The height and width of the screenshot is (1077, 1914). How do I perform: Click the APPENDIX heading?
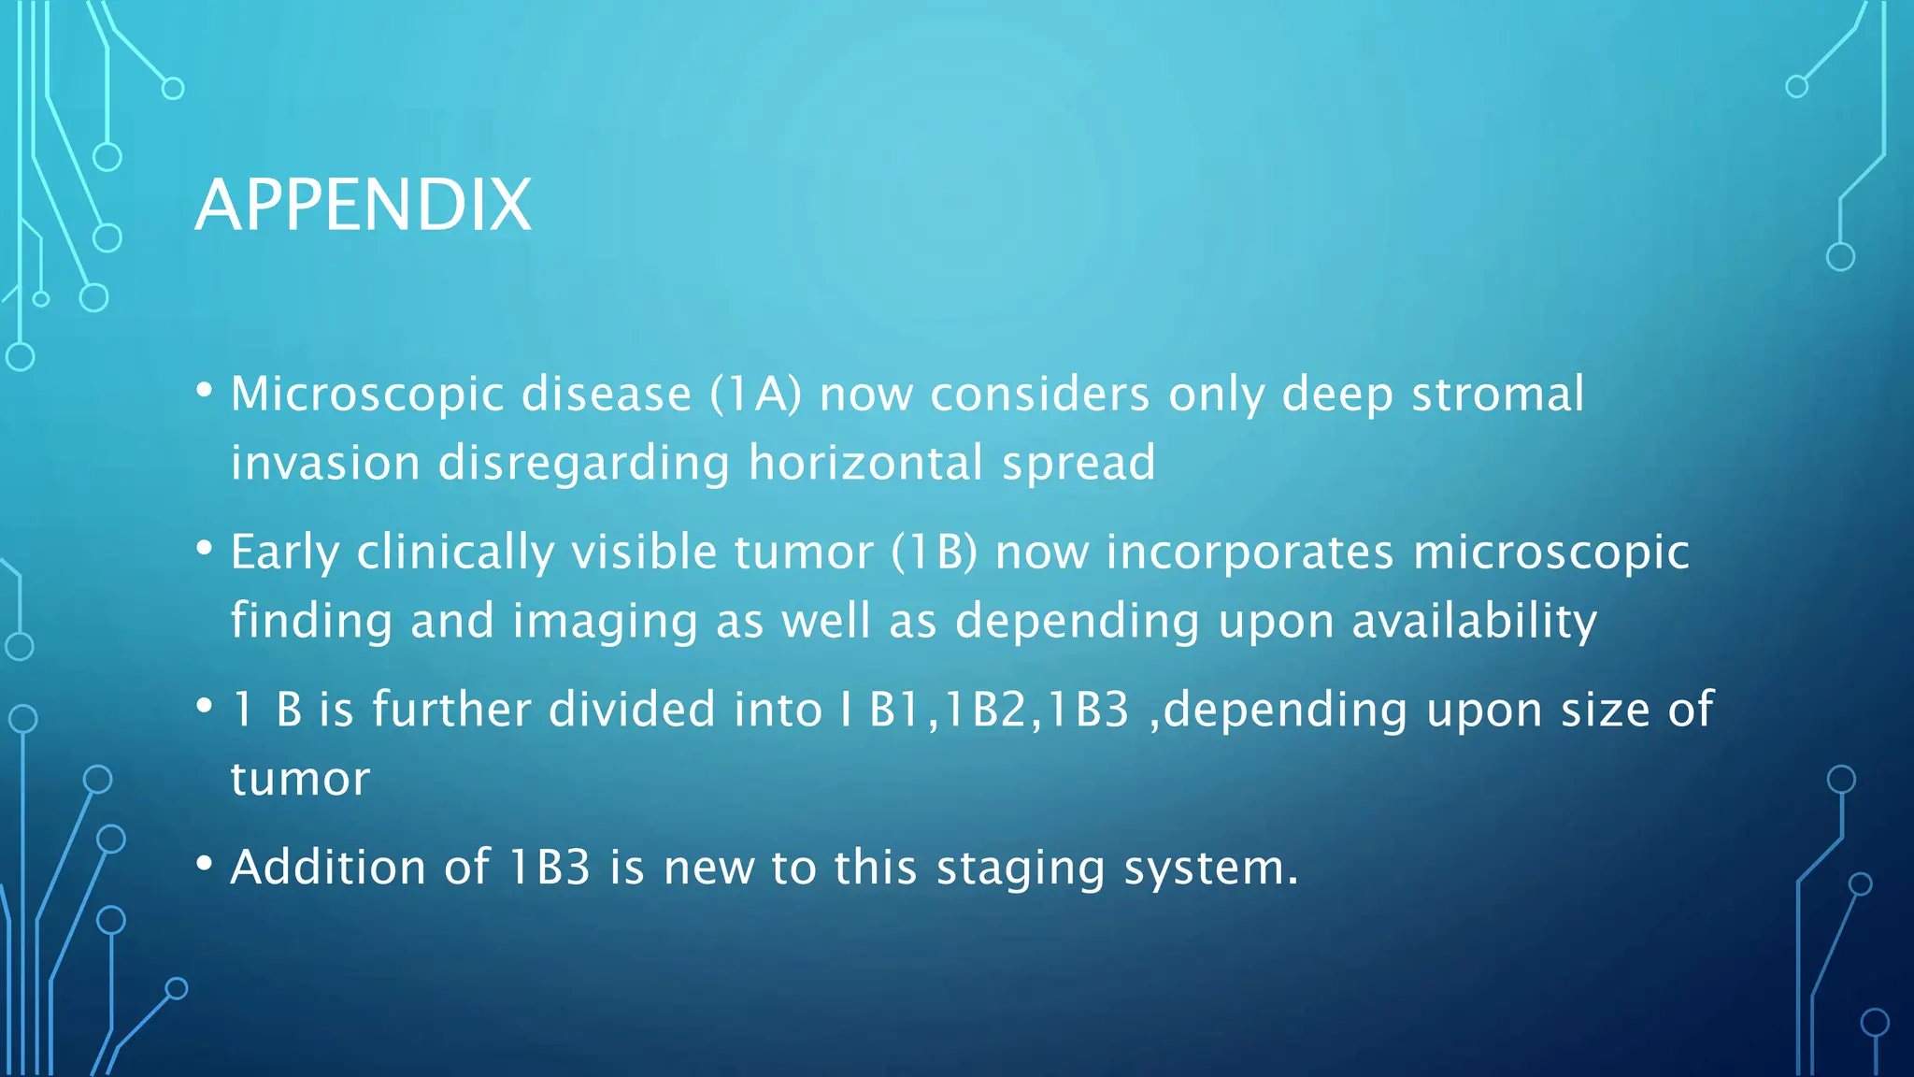point(363,206)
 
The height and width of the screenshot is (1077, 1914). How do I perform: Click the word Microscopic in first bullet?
point(367,395)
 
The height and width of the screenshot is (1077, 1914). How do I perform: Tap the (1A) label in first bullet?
point(755,394)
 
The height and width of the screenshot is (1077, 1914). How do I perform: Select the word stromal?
point(1497,394)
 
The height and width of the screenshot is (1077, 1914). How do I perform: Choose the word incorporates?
point(1250,553)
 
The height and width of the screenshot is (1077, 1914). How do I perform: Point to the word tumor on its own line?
point(300,779)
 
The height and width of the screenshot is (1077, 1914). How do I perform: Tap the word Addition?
point(328,868)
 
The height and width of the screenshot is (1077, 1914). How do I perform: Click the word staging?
point(1021,869)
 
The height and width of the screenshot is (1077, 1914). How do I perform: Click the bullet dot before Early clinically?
point(205,549)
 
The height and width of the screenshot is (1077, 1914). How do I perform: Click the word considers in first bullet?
point(1039,394)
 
